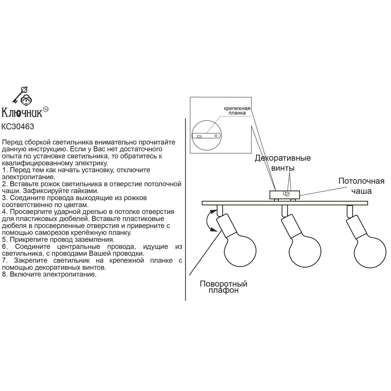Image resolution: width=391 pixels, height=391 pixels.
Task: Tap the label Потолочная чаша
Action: pyautogui.click(x=355, y=186)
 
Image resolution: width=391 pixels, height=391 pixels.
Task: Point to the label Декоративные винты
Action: pyautogui.click(x=283, y=163)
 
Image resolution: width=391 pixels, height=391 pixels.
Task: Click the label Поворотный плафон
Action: pyautogui.click(x=223, y=287)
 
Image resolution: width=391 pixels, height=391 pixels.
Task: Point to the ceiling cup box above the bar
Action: pyautogui.click(x=285, y=194)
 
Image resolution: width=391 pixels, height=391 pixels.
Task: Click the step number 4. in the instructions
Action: pyautogui.click(x=4, y=212)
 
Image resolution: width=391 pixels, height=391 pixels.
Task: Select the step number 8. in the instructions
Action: pyautogui.click(x=4, y=275)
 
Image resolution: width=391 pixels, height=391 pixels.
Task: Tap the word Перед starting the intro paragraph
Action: pyautogui.click(x=12, y=142)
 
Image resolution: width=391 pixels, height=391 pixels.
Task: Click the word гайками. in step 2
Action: pyautogui.click(x=84, y=191)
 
